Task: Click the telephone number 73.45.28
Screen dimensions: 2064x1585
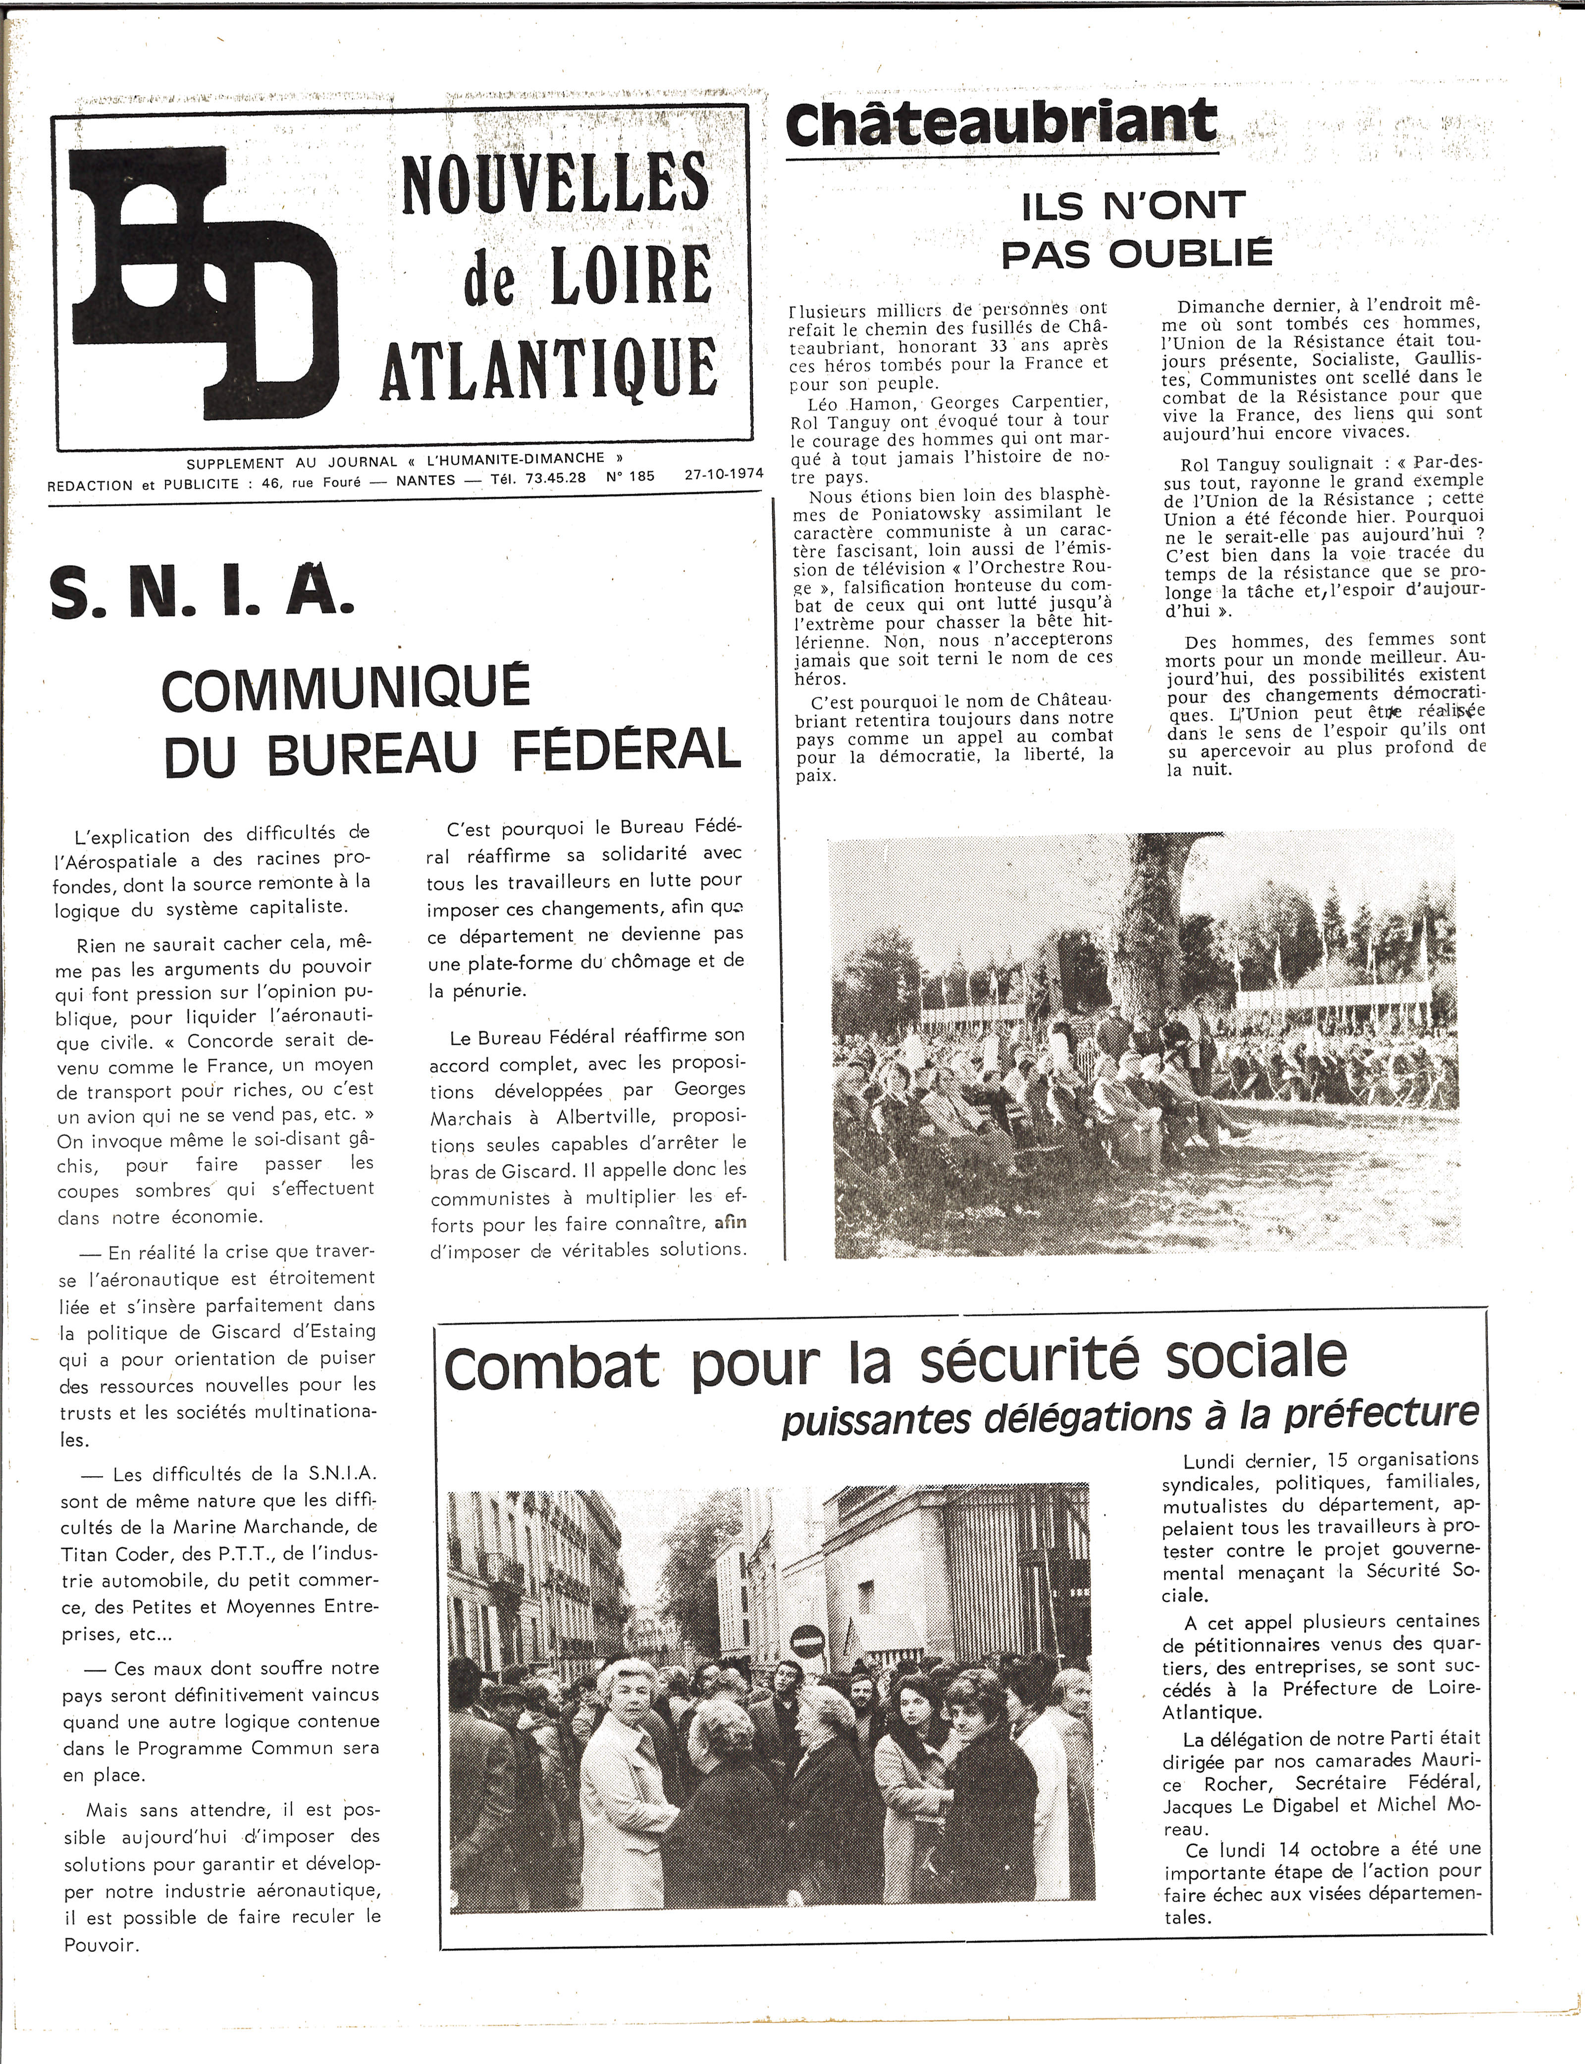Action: [557, 477]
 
